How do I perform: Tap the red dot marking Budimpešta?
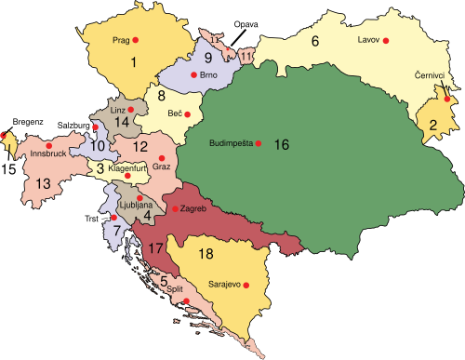(259, 143)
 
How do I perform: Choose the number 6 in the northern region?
(314, 41)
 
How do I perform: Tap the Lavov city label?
(368, 41)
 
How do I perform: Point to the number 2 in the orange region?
(433, 126)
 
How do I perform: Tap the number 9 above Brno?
(184, 57)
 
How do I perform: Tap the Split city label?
(175, 289)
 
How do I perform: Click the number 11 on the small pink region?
(246, 57)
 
